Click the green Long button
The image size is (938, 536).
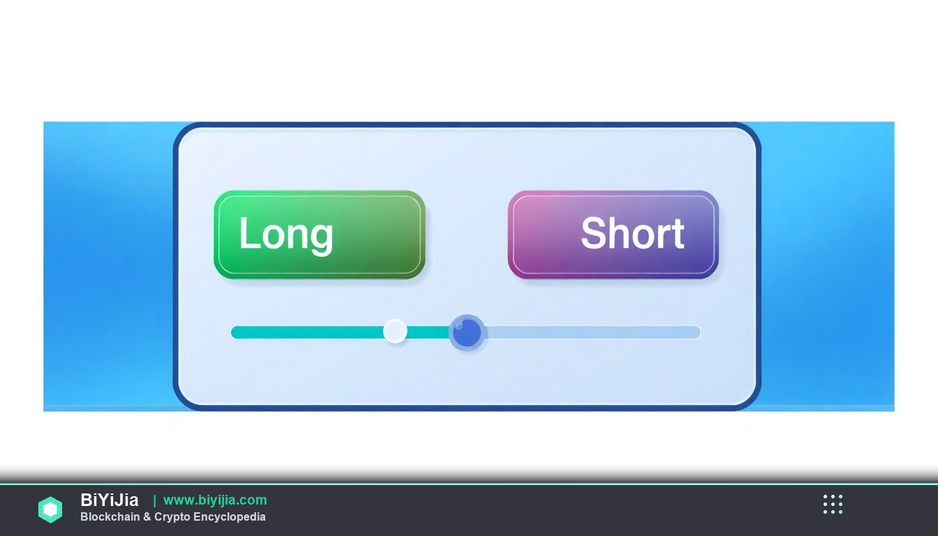(320, 234)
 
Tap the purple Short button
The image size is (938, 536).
(613, 234)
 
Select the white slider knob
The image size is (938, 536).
(395, 332)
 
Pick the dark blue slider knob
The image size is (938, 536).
(467, 332)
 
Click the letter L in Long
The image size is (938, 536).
(247, 233)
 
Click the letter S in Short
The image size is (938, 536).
(593, 233)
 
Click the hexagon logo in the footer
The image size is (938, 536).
(50, 509)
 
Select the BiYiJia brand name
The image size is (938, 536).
(110, 500)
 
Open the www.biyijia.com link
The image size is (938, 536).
(215, 500)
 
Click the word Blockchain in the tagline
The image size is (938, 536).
(110, 516)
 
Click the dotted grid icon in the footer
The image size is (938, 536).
(833, 504)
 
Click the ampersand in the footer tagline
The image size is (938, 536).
(147, 516)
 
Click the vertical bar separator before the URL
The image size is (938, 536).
(154, 500)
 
